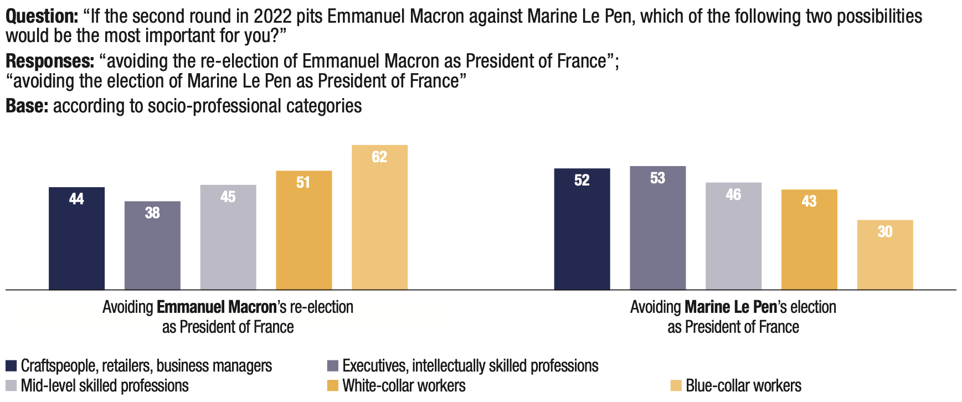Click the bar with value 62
pos(379,217)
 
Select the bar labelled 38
pos(152,245)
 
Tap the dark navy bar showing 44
pos(76,238)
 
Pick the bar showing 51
pos(303,230)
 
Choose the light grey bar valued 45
pos(228,237)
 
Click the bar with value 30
pos(884,255)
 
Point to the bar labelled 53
pos(657,228)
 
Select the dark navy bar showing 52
pos(582,229)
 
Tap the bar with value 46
pos(733,236)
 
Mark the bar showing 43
pos(809,239)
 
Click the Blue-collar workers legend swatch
pos(676,386)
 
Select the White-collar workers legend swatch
pos(332,386)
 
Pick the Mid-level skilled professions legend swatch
pos(11,386)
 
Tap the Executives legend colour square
pos(332,366)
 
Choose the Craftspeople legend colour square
pos(11,366)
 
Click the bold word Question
pos(42,17)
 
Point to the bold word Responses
pos(50,61)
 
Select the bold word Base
pos(27,106)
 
